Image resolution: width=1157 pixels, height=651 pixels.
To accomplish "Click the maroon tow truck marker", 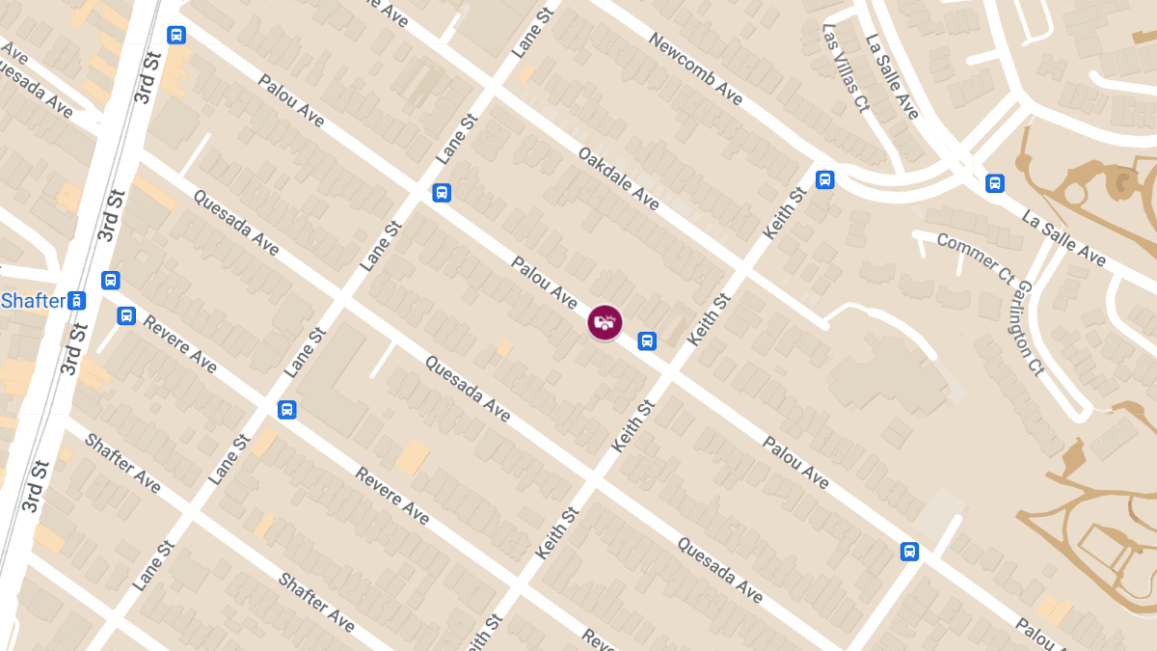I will point(605,322).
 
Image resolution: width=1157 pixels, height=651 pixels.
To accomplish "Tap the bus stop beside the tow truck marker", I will point(647,340).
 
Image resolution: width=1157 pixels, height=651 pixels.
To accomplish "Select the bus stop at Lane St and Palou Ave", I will point(442,192).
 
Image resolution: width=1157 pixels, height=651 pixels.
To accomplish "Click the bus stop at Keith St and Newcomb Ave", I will point(824,179).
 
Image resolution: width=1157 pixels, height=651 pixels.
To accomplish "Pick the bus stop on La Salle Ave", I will point(995,183).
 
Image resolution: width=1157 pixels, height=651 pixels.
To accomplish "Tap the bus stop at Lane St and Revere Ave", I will point(286,409).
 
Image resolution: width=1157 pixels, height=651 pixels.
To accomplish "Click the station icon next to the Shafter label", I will point(78,301).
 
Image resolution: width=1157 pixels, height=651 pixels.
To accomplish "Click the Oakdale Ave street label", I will point(619,178).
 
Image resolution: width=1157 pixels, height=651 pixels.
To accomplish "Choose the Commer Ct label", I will point(975,258).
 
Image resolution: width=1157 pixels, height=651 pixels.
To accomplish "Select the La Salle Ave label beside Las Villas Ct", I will point(892,77).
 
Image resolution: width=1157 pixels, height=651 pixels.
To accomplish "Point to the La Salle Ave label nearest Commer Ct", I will point(1063,238).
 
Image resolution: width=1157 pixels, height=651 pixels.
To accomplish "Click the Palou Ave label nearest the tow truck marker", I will point(545,284).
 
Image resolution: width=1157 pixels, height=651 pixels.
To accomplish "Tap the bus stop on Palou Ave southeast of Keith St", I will point(908,552).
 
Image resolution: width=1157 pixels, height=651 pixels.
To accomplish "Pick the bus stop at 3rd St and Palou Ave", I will point(175,35).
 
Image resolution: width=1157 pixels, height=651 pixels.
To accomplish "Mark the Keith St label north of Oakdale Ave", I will point(784,214).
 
